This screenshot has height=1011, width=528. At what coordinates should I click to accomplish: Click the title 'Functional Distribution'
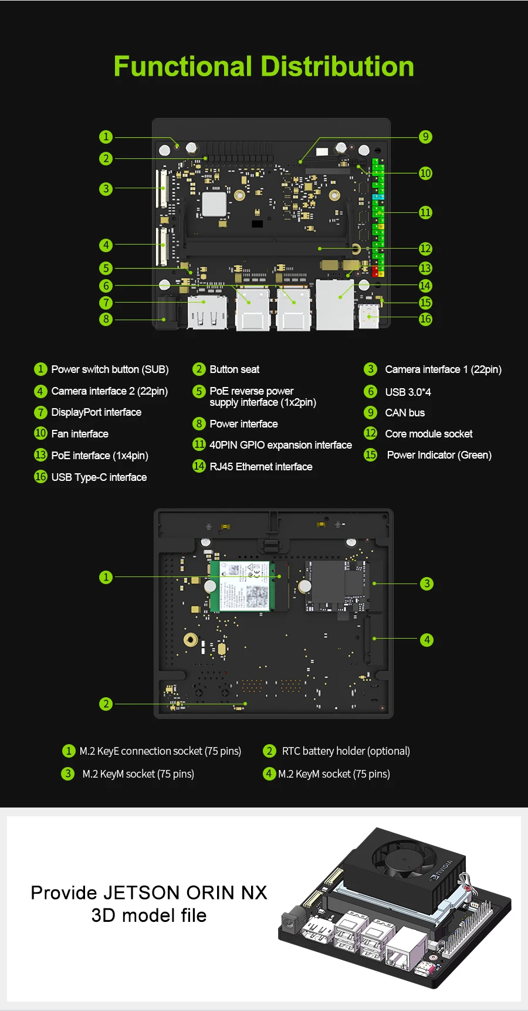click(x=263, y=66)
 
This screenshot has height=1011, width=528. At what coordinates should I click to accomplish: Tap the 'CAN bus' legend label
click(x=405, y=413)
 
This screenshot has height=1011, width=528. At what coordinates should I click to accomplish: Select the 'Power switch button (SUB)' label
click(x=110, y=369)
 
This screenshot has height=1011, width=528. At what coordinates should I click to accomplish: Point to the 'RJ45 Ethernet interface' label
click(x=260, y=467)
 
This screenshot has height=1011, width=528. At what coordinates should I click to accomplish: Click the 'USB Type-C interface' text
click(x=99, y=477)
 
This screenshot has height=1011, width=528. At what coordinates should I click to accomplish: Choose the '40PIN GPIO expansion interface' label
click(x=280, y=445)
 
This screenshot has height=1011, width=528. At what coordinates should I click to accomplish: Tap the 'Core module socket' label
click(x=428, y=434)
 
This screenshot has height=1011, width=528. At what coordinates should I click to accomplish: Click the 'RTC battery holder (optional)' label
click(x=346, y=751)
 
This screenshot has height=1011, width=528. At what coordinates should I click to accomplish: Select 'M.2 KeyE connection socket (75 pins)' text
click(x=160, y=751)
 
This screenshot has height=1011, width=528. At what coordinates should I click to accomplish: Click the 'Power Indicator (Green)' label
click(x=439, y=455)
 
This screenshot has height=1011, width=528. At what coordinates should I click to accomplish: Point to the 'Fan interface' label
click(x=80, y=434)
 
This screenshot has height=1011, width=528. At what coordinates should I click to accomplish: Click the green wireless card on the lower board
click(x=240, y=586)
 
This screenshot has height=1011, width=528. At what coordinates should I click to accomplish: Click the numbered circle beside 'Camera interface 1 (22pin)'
click(x=370, y=369)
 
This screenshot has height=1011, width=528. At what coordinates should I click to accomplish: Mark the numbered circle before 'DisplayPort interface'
click(x=40, y=412)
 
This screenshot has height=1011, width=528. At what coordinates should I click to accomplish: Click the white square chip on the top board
click(x=214, y=204)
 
